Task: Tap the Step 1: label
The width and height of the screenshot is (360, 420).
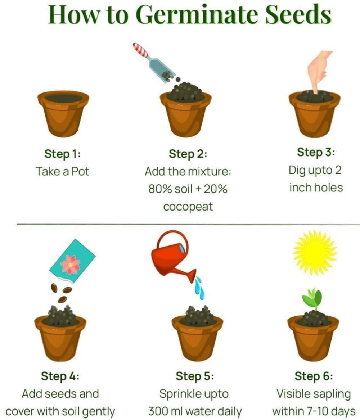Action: pos(63,154)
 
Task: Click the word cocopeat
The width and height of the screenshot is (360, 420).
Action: pos(188,207)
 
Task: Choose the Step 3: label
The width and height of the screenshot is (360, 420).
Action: pos(316,152)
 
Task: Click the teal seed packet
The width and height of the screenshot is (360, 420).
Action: pos(72,261)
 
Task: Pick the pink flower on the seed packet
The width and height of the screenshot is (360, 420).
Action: pos(70,265)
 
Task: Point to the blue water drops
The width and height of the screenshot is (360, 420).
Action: pos(199,288)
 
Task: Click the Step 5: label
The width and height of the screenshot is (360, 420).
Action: pos(195,376)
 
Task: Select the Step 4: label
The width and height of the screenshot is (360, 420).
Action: pos(60,376)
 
